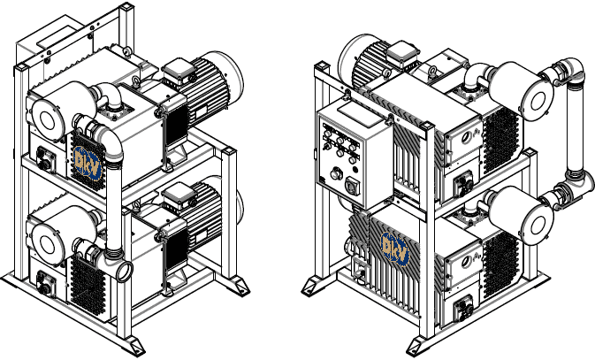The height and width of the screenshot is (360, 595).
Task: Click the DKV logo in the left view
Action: coord(88,163)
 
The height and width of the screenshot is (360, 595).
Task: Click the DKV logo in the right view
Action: coord(395,249)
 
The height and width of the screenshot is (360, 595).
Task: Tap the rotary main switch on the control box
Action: coord(351,186)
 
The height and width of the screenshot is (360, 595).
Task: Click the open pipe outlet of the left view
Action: coord(124,271)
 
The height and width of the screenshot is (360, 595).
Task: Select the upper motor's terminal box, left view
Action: coord(178,73)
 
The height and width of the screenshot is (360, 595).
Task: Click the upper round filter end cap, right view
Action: coord(538,102)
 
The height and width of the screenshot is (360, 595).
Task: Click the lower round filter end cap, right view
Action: coord(538,226)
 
